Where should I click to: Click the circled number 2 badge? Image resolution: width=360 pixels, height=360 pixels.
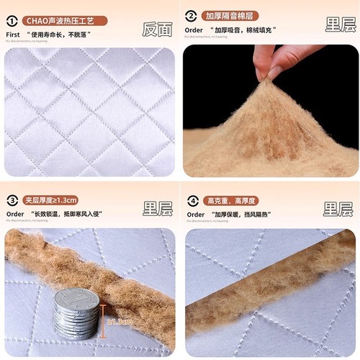[192, 15]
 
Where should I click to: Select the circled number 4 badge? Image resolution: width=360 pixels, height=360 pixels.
[192, 199]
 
